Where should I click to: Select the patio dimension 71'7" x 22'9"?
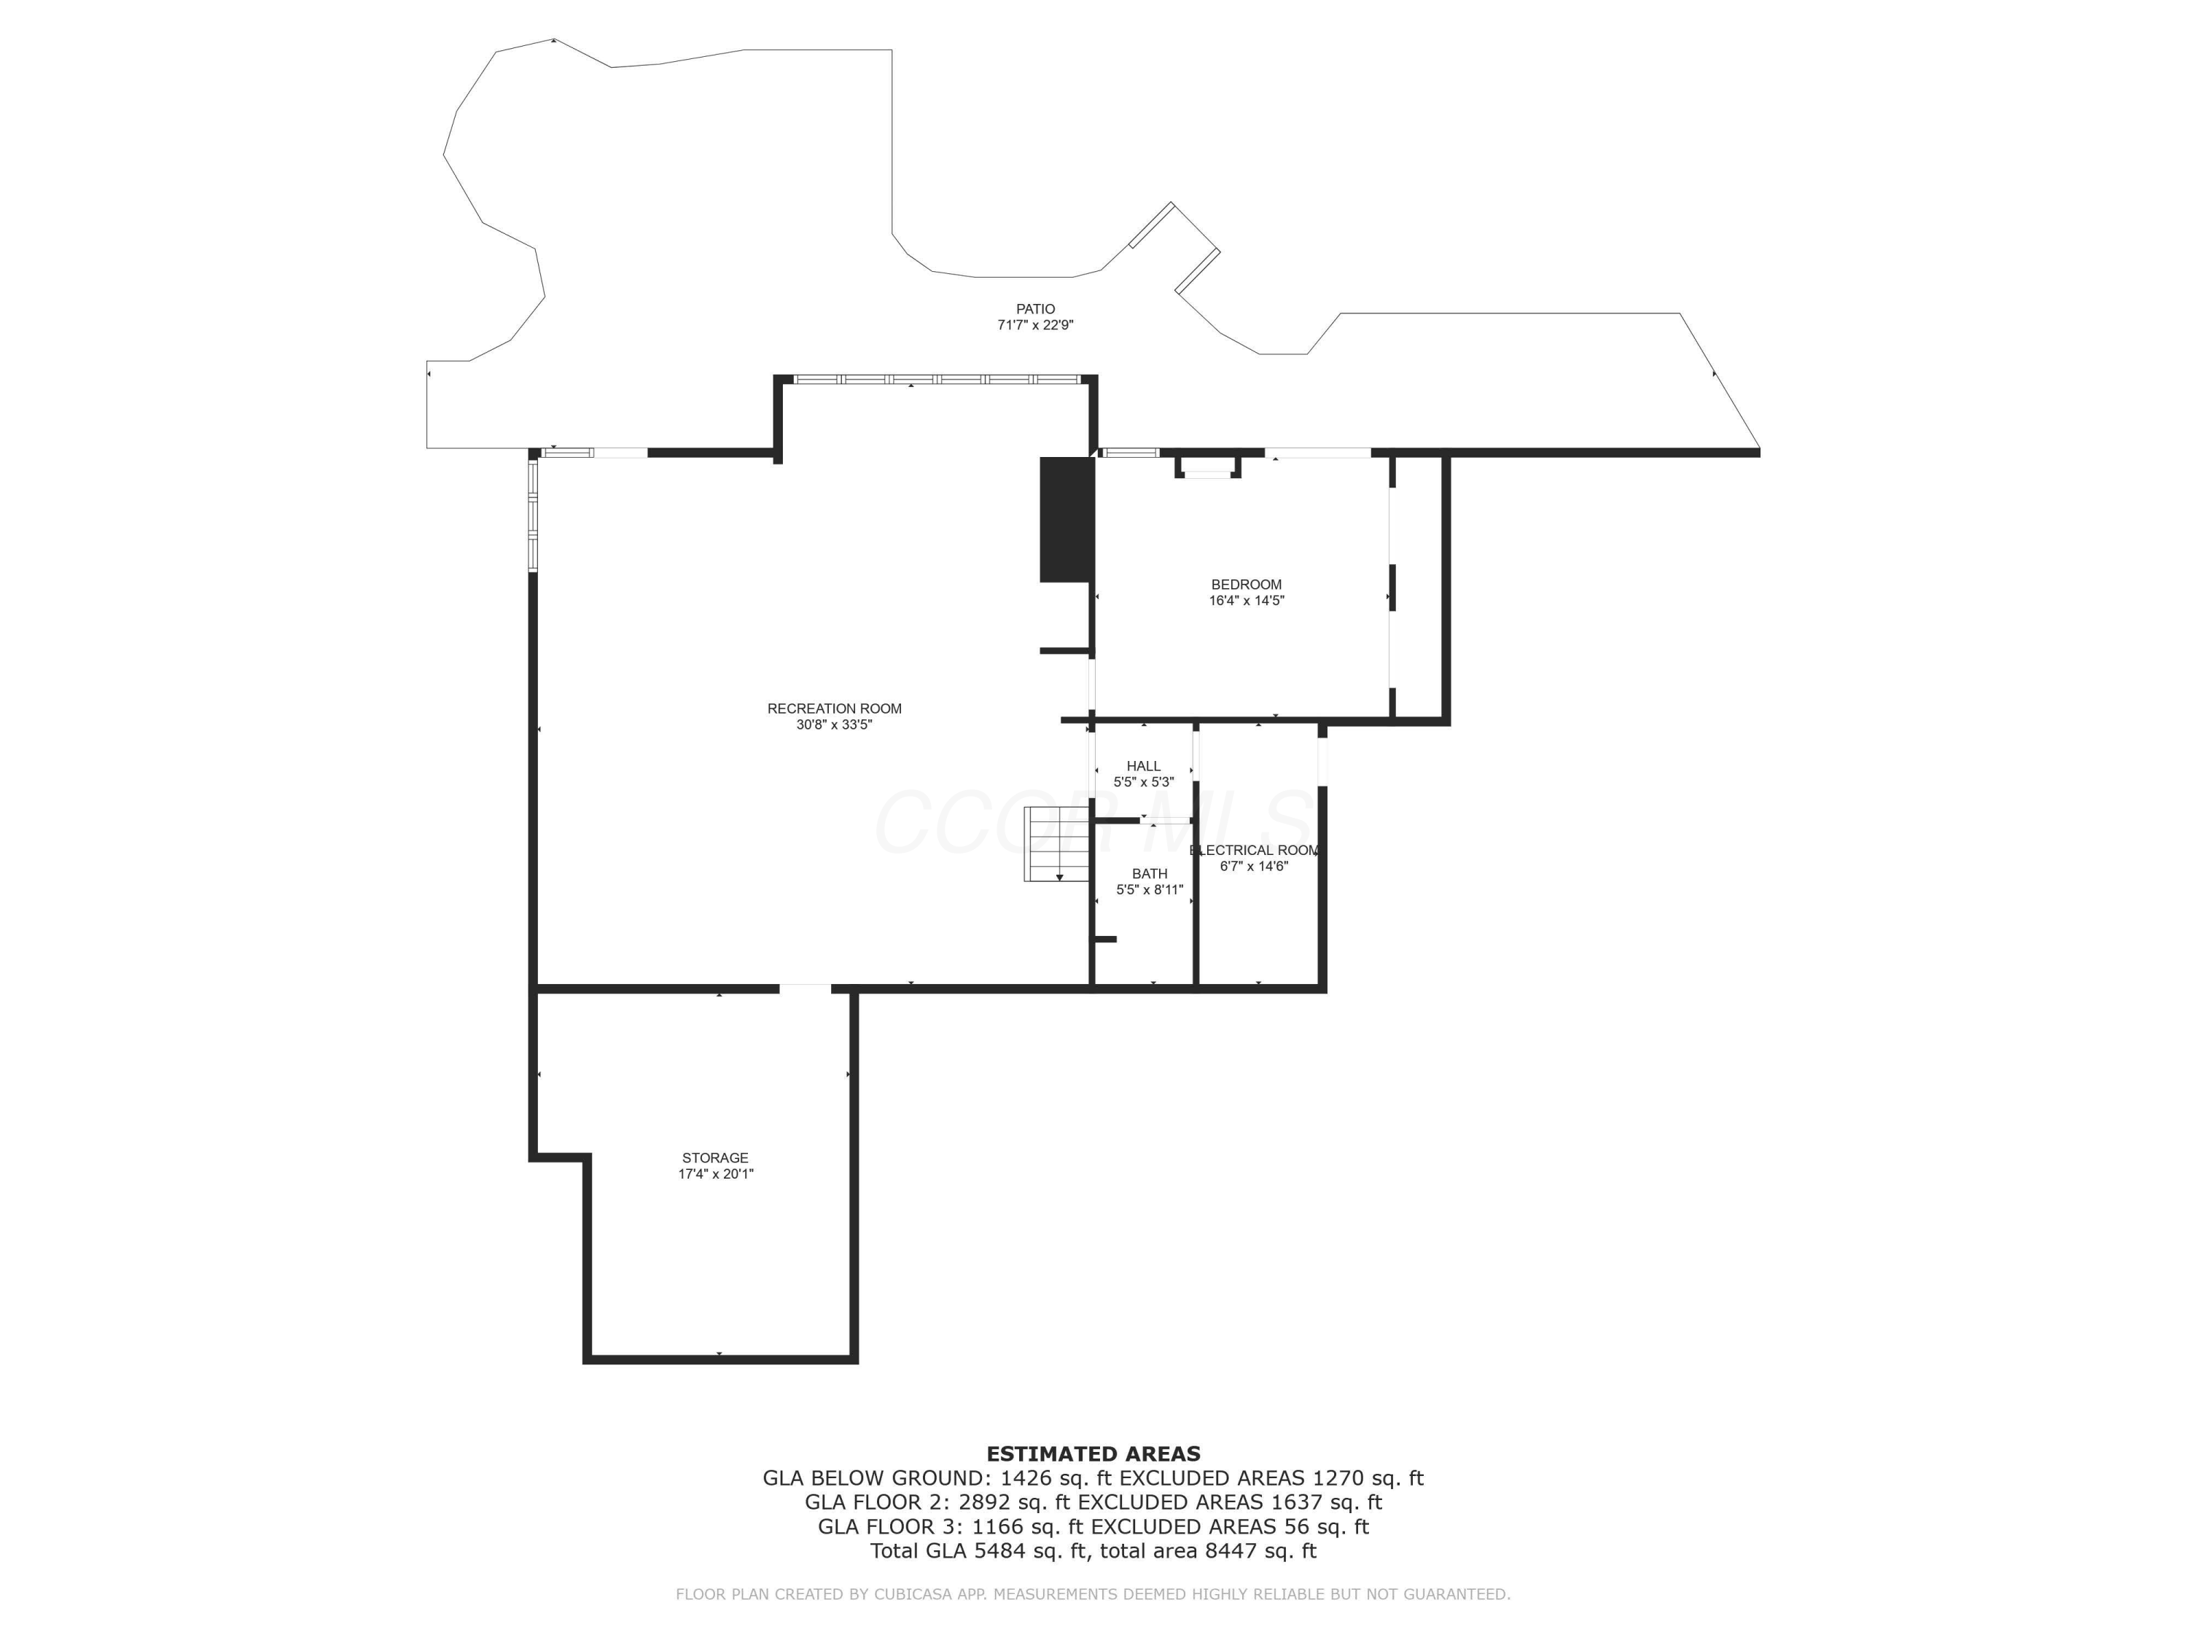pos(1035,325)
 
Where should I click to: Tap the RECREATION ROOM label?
pos(835,708)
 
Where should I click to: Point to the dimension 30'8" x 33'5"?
pos(835,725)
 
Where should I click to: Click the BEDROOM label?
pos(1246,585)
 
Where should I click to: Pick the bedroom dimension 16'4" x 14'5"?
pos(1246,600)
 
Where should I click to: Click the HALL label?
pos(1144,766)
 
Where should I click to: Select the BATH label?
pos(1149,874)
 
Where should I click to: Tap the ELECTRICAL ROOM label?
pos(1254,850)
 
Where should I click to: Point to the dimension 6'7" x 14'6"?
pos(1254,867)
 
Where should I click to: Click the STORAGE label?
pos(715,1157)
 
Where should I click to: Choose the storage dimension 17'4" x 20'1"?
pos(715,1174)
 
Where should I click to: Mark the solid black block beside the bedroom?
pos(1066,519)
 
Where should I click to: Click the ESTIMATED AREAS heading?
pos(1093,1454)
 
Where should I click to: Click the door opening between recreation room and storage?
pos(805,988)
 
